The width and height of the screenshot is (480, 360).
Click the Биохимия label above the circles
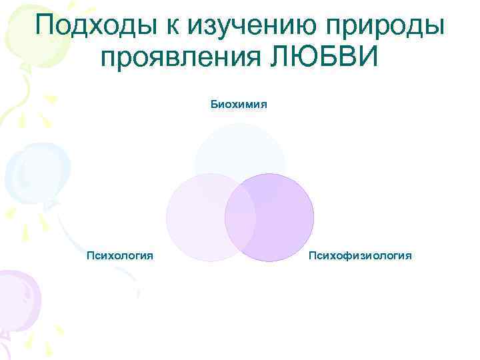click(x=239, y=105)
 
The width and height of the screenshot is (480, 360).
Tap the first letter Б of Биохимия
click(x=214, y=105)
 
